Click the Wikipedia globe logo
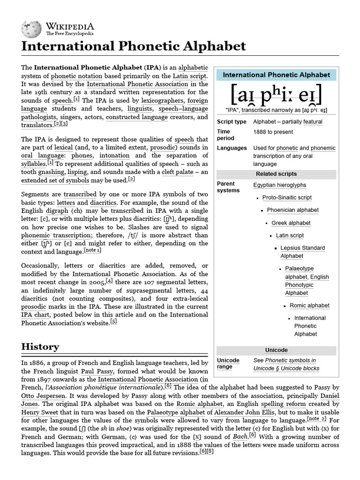[31, 29]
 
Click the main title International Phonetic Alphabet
[134, 46]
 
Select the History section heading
[40, 347]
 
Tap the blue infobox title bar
[276, 75]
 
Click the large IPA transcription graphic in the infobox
[276, 96]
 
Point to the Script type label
[231, 122]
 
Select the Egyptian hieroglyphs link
[279, 185]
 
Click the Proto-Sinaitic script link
[287, 198]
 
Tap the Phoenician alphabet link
[292, 210]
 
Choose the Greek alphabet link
[291, 223]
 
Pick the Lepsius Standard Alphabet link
[302, 252]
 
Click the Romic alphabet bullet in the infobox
[309, 306]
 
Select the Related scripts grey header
[276, 174]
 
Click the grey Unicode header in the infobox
[276, 350]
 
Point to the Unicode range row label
[228, 364]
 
